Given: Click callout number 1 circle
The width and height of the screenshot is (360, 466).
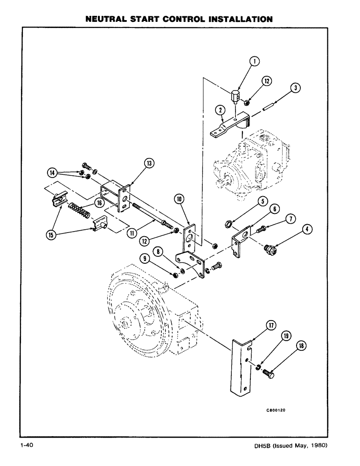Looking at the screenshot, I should (x=254, y=61).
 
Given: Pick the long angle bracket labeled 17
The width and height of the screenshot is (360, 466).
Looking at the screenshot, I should (x=240, y=368).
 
